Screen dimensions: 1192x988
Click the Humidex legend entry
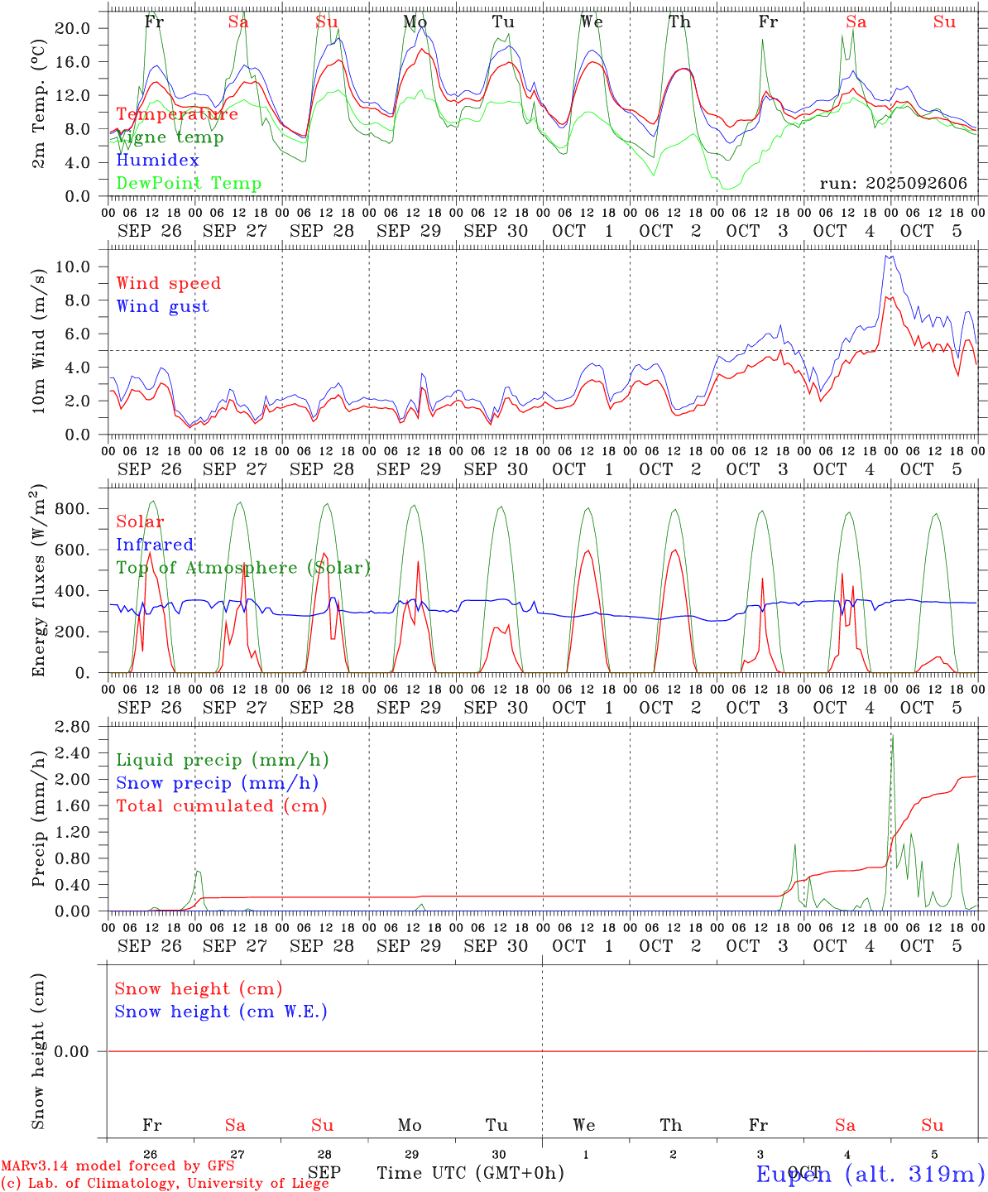click(x=157, y=161)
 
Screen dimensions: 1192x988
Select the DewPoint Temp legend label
click(x=189, y=184)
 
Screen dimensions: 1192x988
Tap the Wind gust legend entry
click(x=162, y=306)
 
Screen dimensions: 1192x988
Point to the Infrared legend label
click(x=155, y=545)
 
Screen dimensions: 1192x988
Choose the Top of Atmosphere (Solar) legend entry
click(x=243, y=568)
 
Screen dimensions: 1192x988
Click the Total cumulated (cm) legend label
click(x=221, y=805)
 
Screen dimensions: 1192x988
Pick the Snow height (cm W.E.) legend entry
click(x=221, y=1012)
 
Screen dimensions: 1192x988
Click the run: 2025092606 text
click(x=893, y=184)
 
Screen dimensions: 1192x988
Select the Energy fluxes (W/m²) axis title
click(x=39, y=582)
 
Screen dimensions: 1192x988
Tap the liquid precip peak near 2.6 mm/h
click(x=892, y=736)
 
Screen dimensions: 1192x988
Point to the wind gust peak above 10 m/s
click(x=887, y=257)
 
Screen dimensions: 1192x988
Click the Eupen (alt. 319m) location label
click(x=870, y=1174)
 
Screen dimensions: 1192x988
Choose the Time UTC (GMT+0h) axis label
click(x=471, y=1173)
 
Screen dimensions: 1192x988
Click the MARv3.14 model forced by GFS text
click(x=118, y=1166)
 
